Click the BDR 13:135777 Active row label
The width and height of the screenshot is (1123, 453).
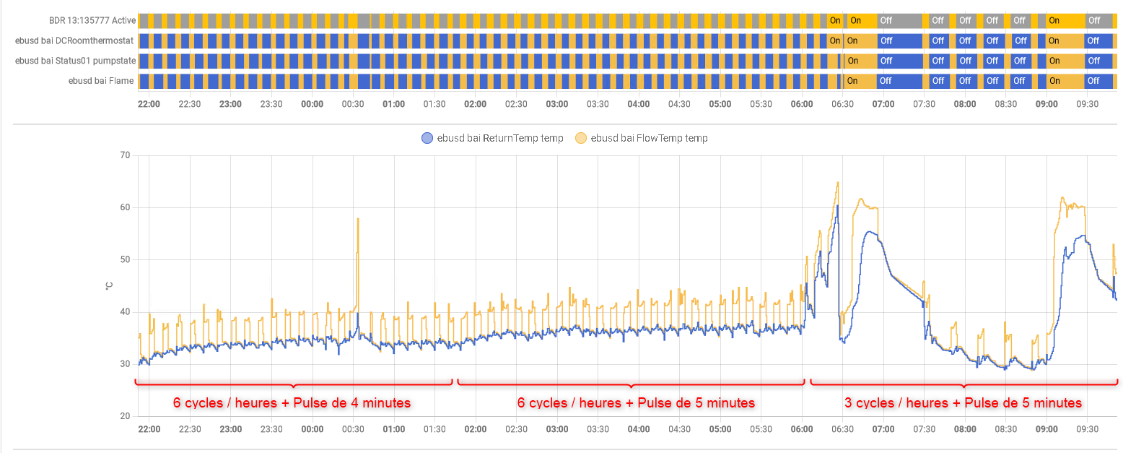(x=92, y=20)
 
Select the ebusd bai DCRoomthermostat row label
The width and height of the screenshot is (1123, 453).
(x=75, y=40)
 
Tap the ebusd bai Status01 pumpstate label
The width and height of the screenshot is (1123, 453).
(x=75, y=61)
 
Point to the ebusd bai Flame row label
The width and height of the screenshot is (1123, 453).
(x=101, y=81)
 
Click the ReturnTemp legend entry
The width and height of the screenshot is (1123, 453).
(x=492, y=138)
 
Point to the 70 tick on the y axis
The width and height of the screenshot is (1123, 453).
(x=125, y=155)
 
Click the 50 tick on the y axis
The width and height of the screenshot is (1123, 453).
(x=125, y=259)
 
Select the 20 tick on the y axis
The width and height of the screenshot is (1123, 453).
(x=125, y=416)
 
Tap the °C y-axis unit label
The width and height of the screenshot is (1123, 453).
(x=109, y=286)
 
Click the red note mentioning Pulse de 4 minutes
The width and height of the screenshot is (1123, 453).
(x=292, y=402)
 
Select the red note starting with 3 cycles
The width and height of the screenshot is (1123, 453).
(x=963, y=402)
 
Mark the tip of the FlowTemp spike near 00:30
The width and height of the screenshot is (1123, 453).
(x=357, y=218)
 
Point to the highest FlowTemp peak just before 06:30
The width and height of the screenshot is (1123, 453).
(x=837, y=182)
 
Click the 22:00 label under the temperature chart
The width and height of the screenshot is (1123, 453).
(x=149, y=429)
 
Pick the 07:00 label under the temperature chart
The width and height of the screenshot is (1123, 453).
(x=883, y=429)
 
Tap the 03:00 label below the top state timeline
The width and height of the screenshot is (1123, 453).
(x=556, y=104)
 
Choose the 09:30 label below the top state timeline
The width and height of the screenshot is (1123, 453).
(x=1088, y=104)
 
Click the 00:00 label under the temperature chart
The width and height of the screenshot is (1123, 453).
(x=312, y=429)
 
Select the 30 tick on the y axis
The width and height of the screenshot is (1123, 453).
(x=125, y=364)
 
